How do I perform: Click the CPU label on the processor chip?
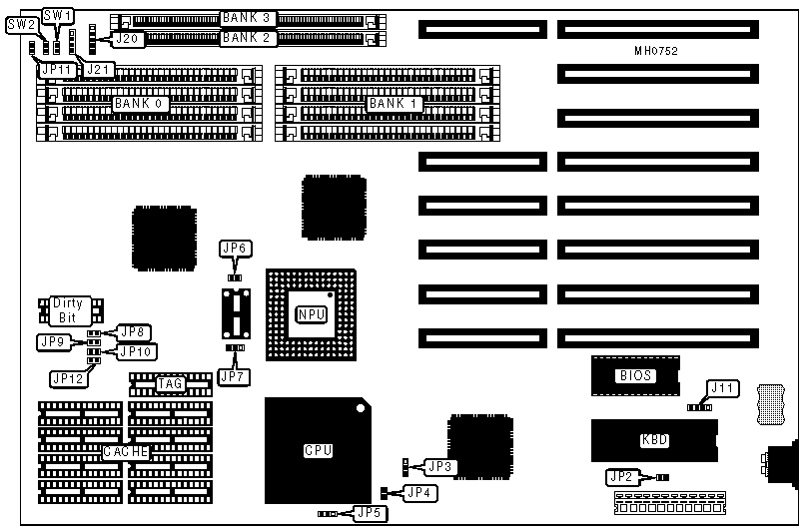pos(317,451)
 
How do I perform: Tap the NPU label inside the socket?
pos(311,315)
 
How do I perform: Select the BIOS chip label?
pos(636,376)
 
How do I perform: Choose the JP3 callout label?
pos(440,466)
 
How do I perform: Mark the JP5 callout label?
pos(369,513)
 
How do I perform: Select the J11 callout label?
pos(721,387)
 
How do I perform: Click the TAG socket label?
pos(169,383)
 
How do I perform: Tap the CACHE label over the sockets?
pos(126,452)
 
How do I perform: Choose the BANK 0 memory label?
pos(140,103)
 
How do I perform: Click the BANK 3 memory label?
pos(247,19)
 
